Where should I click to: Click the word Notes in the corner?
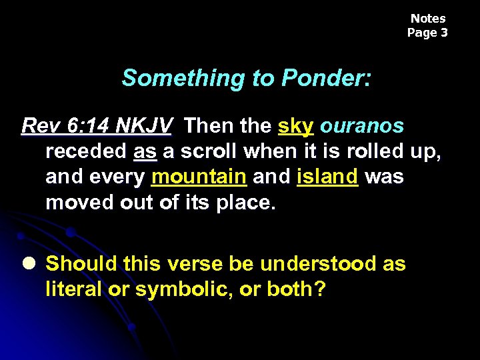[427, 19]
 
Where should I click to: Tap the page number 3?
[444, 32]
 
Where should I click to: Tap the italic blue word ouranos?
[362, 125]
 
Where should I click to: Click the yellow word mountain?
[199, 177]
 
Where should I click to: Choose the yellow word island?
[328, 177]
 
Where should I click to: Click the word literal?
[73, 290]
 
